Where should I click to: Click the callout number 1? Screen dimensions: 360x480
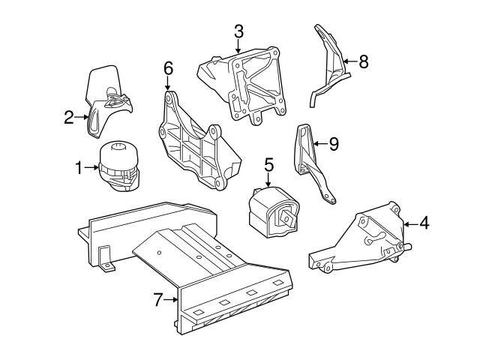click(x=79, y=169)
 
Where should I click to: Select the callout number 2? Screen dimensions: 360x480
click(x=68, y=116)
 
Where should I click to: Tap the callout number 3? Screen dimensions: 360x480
click(x=238, y=31)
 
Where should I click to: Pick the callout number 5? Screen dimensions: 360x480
click(x=268, y=162)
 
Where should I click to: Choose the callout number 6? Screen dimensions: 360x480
click(x=168, y=69)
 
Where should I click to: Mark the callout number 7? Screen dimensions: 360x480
click(x=157, y=301)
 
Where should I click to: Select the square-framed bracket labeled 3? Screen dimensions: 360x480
click(x=244, y=82)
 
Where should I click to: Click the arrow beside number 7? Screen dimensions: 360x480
click(x=172, y=301)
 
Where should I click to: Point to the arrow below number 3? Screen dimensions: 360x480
click(x=238, y=46)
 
